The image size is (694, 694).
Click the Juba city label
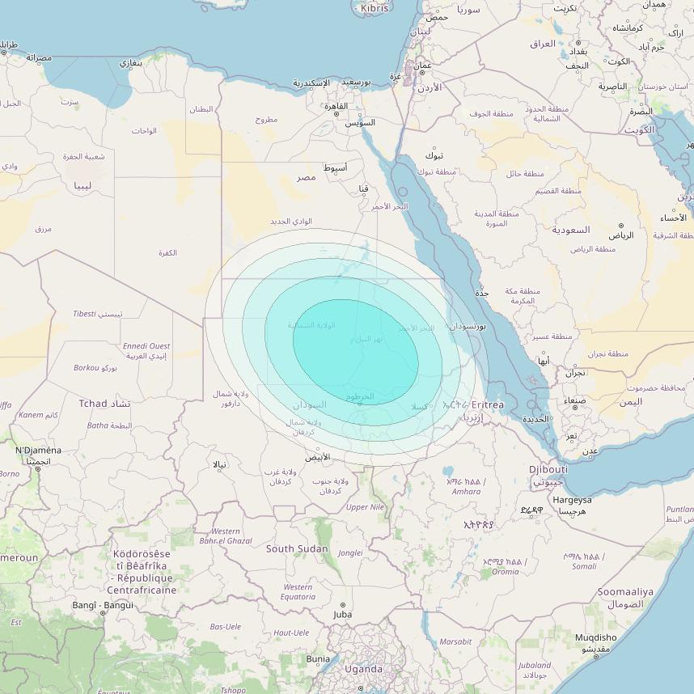point(342,615)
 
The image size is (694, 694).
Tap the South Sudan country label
point(297,548)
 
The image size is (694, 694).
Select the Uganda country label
point(363,669)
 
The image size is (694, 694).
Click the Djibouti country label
point(548,469)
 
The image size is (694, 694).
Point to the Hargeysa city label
point(572,500)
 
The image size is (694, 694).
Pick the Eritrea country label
point(488,404)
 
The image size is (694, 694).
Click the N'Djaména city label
point(38,451)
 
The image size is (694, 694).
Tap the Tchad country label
point(93,403)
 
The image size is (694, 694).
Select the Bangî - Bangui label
point(103,605)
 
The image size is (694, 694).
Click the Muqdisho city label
point(595,637)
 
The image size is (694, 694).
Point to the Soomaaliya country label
point(625,592)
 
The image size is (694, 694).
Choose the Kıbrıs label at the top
point(375,8)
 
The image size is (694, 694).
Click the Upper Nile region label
point(365,507)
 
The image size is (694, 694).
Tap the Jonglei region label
point(349,553)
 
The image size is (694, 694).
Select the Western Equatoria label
point(298,592)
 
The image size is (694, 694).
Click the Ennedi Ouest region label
point(146,346)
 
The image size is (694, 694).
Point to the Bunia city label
point(318,659)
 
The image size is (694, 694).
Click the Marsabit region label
point(455,641)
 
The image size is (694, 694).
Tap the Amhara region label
point(466,491)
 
